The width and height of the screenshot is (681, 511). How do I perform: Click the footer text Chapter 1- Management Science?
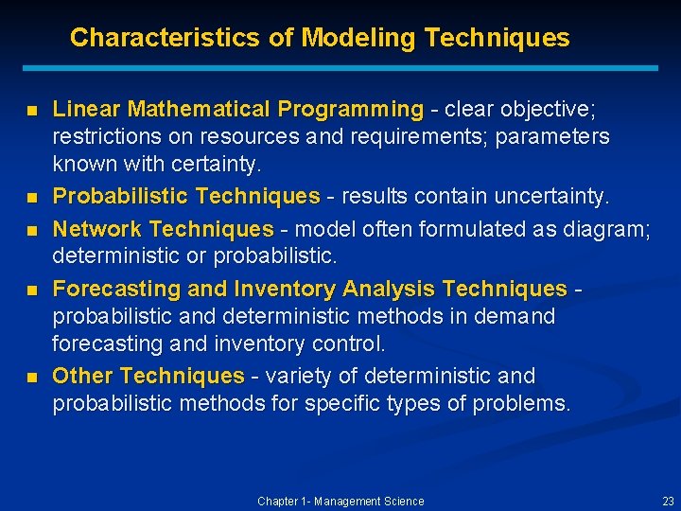(x=340, y=502)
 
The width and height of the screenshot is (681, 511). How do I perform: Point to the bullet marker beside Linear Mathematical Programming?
(x=31, y=112)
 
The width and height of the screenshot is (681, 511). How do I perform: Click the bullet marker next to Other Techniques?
(x=31, y=378)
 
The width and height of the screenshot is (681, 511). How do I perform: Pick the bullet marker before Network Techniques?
(x=31, y=230)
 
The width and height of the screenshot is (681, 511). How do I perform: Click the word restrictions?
(x=101, y=137)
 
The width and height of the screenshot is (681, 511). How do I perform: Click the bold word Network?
(x=97, y=229)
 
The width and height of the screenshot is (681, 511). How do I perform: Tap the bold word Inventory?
(x=285, y=289)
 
